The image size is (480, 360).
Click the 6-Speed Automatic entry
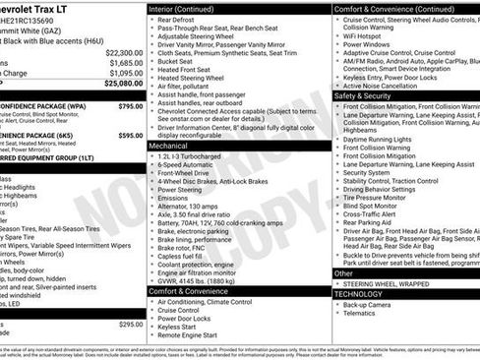click(193, 167)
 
